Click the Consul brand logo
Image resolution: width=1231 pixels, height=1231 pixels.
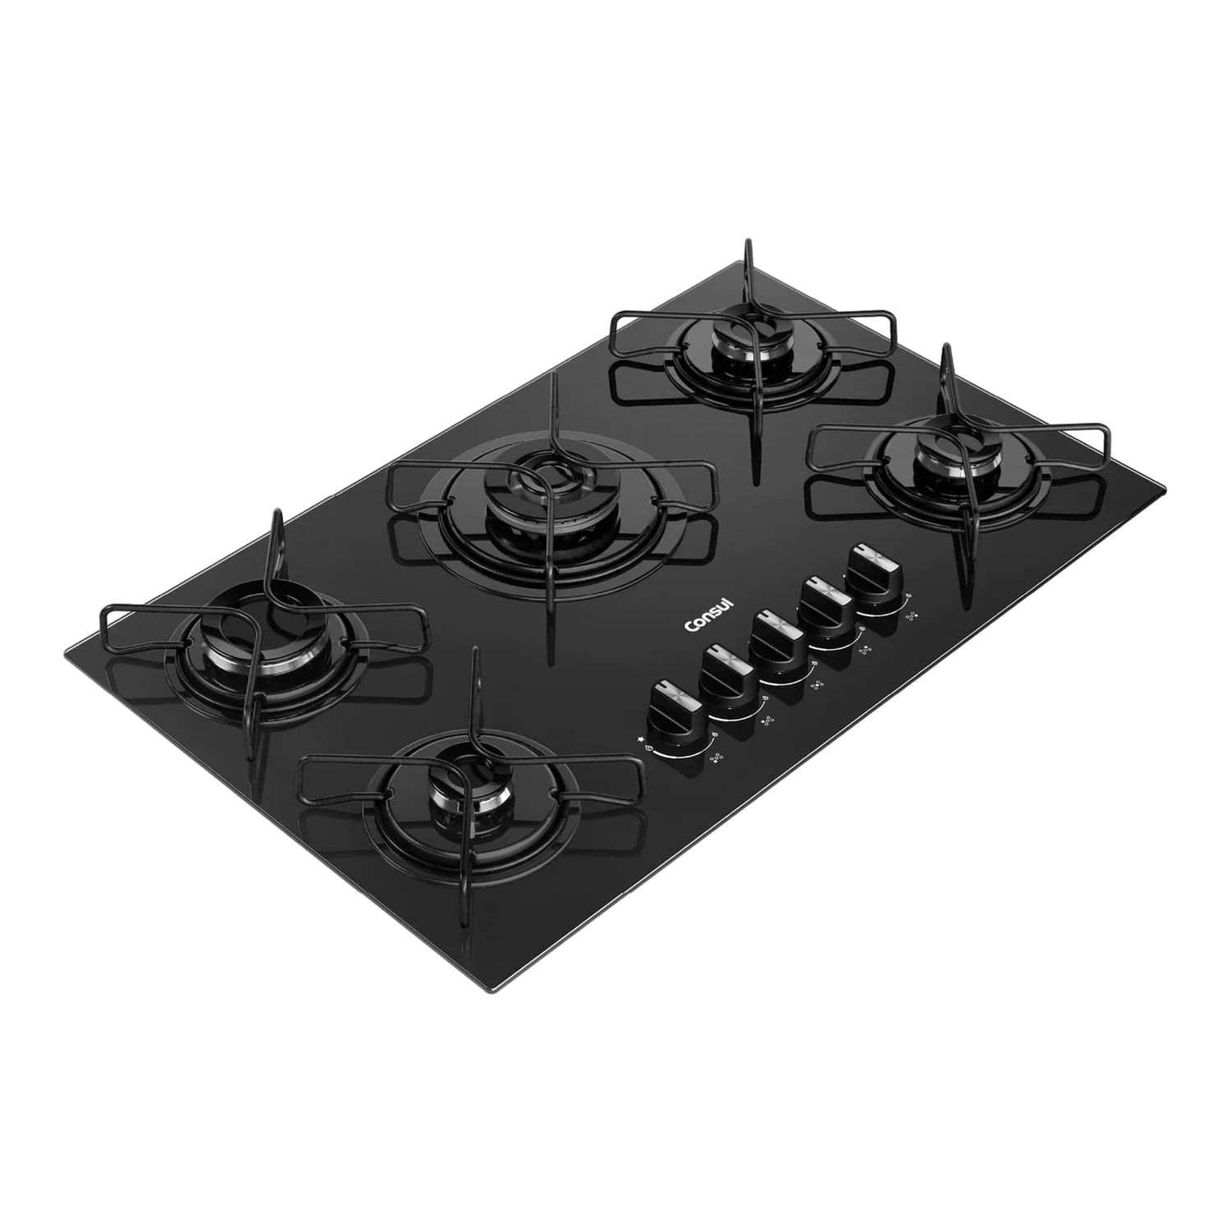click(x=711, y=615)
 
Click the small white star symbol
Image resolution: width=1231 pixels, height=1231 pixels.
click(x=640, y=739)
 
